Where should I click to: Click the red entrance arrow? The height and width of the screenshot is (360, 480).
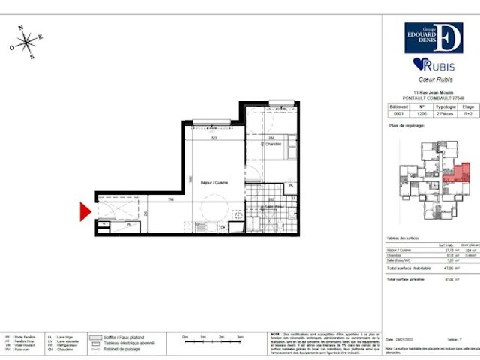(86, 213)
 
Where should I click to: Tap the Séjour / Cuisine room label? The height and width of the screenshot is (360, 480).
(214, 182)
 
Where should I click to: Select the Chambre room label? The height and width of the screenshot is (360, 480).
(271, 145)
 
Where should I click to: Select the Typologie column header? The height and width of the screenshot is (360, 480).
(445, 107)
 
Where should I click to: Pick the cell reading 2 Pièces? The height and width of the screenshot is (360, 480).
(445, 114)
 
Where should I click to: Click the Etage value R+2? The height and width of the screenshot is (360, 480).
(467, 114)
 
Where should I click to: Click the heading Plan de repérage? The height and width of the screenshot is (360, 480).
(408, 126)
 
